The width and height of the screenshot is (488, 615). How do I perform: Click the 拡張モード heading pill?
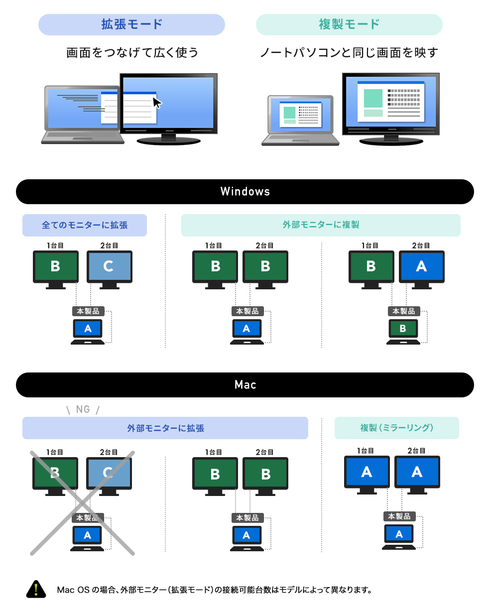pos(131,24)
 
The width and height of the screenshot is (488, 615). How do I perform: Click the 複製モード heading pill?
pos(349,24)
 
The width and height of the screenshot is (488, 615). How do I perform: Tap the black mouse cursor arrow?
pos(157,103)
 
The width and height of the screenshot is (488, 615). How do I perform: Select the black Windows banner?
pos(244,192)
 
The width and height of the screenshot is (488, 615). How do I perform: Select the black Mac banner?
pos(244,385)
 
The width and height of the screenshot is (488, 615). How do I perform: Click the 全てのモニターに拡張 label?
pos(85,225)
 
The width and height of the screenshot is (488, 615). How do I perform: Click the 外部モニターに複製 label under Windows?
pos(321,225)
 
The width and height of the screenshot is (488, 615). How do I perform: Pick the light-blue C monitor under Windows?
pos(109,267)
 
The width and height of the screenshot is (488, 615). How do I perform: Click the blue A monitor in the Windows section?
pos(421,267)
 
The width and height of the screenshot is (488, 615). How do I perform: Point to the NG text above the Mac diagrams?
pos(83,409)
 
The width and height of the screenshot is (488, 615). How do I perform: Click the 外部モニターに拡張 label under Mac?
pos(165,428)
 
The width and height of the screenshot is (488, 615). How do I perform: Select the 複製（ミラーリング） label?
pos(396,428)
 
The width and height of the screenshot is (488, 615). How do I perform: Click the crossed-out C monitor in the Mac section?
pos(109,474)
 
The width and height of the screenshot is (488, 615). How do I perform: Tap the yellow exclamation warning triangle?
pos(36,590)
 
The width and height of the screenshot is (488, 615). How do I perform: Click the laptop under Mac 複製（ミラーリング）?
pos(399,536)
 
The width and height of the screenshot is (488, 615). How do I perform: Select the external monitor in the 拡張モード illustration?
pos(168,107)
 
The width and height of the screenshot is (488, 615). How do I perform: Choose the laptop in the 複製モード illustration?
pos(300,120)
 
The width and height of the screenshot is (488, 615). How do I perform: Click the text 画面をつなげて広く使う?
pos(132,53)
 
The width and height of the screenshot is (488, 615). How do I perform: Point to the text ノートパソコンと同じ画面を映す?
pos(349,53)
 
